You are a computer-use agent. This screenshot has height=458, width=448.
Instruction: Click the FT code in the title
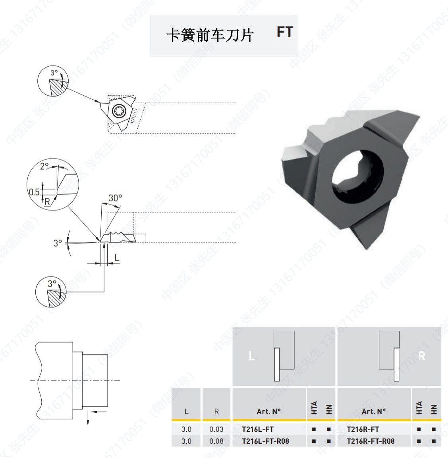tap(285, 32)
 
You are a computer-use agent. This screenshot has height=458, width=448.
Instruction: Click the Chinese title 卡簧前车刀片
tap(210, 35)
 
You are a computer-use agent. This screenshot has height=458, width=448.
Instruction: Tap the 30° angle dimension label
tap(115, 198)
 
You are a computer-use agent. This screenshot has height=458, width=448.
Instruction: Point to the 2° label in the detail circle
tap(44, 166)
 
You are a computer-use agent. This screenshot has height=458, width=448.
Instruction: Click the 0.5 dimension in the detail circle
tap(34, 192)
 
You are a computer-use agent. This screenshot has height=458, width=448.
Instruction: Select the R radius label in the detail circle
tap(47, 201)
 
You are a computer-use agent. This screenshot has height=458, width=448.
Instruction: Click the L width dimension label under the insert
tap(117, 258)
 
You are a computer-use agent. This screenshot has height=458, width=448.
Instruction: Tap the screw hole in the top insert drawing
tap(118, 111)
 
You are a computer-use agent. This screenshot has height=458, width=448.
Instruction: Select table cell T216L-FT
tap(257, 429)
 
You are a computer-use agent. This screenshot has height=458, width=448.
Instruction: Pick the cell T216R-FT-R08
tap(371, 441)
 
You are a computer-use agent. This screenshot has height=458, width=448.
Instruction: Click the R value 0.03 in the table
tap(216, 429)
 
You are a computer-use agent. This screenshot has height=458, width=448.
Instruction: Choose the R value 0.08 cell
tap(216, 441)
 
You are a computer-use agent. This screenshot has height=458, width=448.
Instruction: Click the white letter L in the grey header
tap(252, 356)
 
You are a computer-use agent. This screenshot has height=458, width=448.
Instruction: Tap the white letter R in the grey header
tap(421, 356)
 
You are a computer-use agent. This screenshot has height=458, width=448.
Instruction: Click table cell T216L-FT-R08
tap(265, 441)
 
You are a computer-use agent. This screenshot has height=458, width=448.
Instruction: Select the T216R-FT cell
tap(363, 429)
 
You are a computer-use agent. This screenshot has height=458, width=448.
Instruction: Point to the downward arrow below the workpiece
tap(88, 419)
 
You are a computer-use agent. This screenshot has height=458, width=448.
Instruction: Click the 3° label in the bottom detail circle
tap(52, 284)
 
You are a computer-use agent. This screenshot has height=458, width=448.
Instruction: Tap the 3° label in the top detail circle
tap(54, 73)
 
